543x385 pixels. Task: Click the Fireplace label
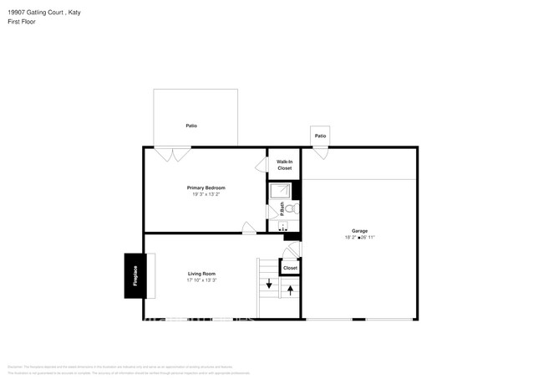(135, 275)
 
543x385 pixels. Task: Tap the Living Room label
(201, 274)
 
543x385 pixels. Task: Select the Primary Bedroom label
(206, 187)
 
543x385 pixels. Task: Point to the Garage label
(359, 231)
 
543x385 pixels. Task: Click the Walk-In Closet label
(285, 165)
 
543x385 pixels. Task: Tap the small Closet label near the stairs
(290, 268)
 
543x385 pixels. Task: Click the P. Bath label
(282, 208)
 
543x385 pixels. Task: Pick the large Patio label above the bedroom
(191, 126)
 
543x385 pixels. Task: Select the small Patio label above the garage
(320, 136)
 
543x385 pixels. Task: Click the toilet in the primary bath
(293, 209)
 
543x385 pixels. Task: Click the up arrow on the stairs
(291, 290)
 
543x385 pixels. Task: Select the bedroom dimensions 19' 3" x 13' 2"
(206, 194)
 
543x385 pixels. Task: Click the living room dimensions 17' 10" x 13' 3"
(201, 280)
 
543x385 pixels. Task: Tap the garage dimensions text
(359, 238)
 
